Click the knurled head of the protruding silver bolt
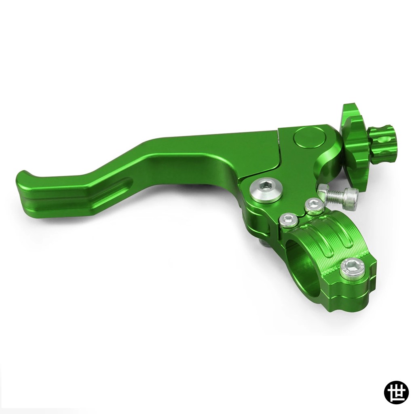(349, 197)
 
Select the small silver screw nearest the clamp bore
(289, 219)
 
